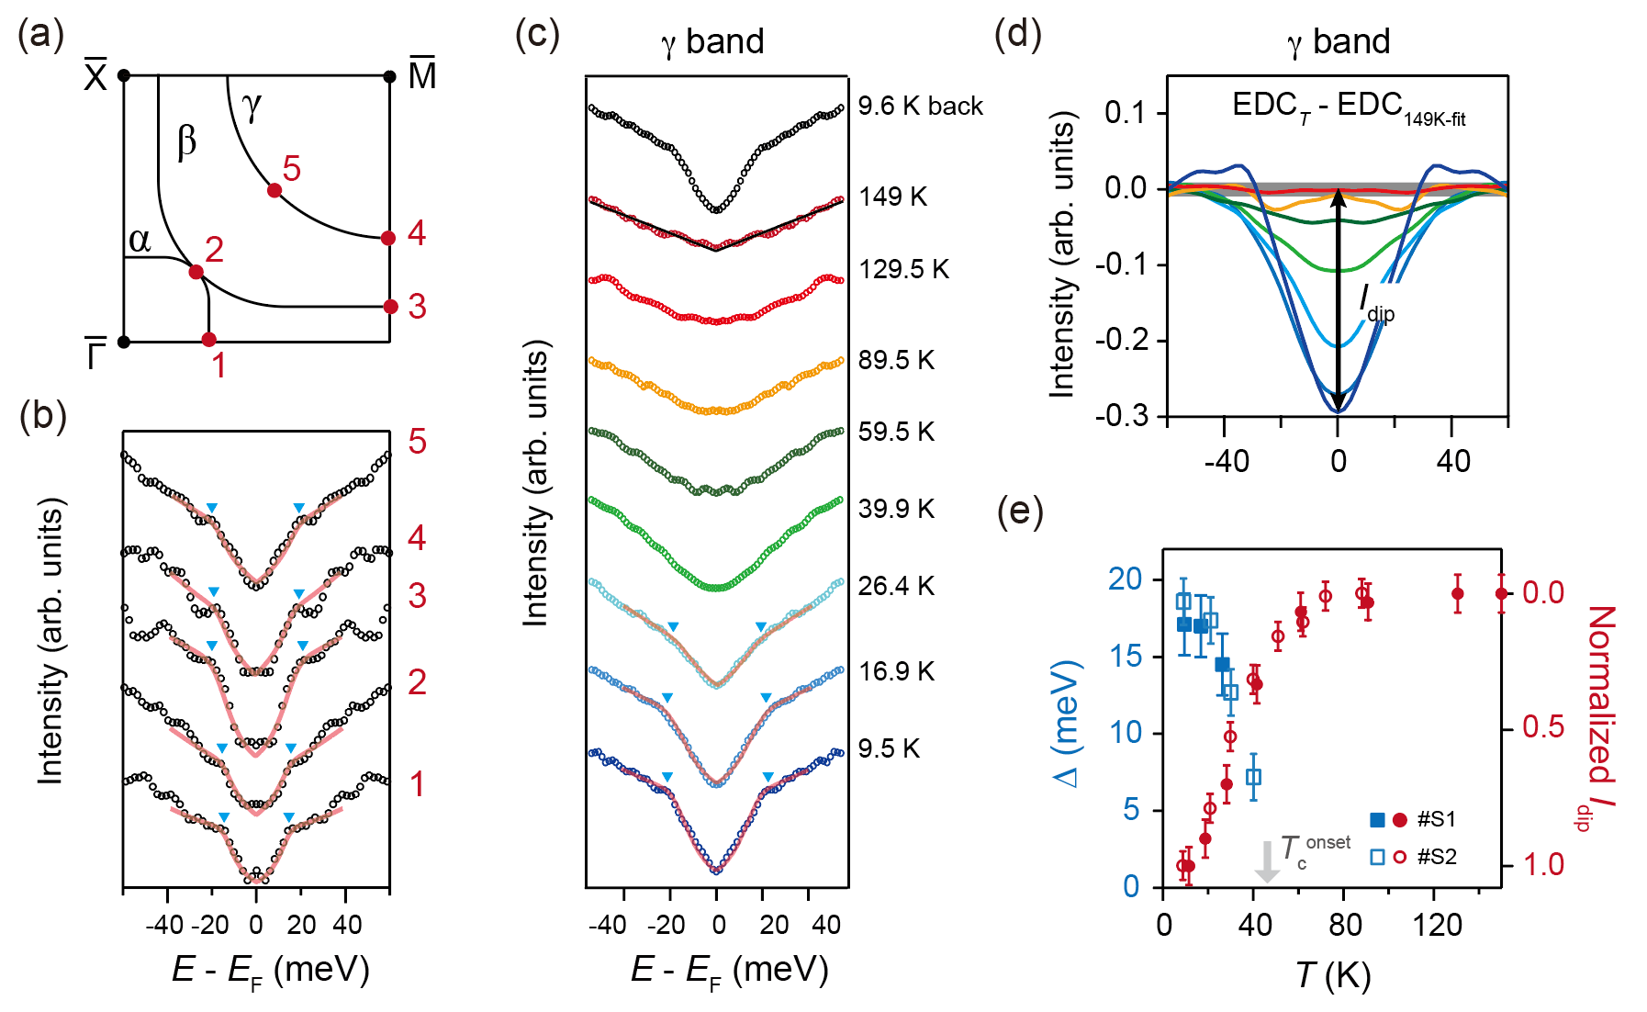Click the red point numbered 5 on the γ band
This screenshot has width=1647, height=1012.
click(274, 190)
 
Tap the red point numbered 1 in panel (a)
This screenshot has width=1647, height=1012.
click(208, 340)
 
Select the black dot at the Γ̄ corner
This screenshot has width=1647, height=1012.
click(125, 342)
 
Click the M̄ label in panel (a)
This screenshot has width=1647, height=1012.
click(421, 74)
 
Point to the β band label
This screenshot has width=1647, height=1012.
click(186, 141)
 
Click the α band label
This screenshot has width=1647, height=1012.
click(140, 240)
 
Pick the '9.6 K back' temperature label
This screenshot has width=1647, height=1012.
click(920, 107)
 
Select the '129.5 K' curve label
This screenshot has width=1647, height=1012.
click(903, 269)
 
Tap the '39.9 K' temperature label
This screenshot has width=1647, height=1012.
click(895, 509)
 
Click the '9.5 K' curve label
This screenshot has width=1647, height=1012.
click(888, 748)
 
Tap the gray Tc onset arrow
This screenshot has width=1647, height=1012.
click(1267, 861)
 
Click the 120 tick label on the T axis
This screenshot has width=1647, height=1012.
click(1437, 924)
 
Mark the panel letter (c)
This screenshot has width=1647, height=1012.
click(537, 35)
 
